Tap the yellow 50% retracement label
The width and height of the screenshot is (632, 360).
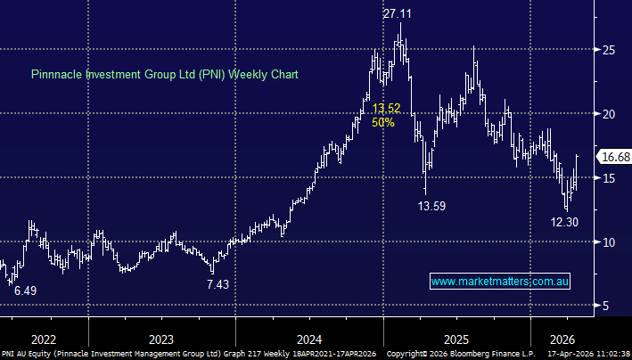pos(383,123)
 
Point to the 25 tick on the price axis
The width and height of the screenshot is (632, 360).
pos(606,50)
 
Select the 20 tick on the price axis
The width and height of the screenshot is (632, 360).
pos(606,114)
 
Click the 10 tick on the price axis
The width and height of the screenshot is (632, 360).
pos(606,242)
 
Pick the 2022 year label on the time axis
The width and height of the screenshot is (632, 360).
pos(43,339)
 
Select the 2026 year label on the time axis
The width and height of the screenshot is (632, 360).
pos(562,339)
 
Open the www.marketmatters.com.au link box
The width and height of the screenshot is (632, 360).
pos(500,282)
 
